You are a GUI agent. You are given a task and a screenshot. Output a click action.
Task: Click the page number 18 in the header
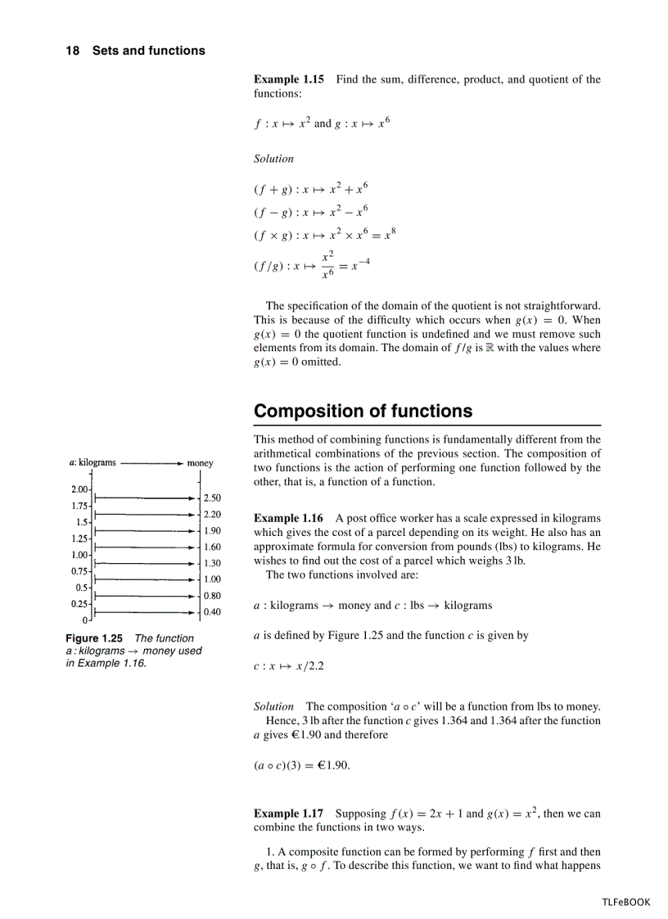pos(72,51)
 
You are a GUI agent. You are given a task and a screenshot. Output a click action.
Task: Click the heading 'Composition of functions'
pos(363,411)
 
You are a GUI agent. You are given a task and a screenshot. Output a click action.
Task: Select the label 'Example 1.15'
pos(288,79)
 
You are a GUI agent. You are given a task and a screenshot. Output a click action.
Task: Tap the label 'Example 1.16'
pos(288,518)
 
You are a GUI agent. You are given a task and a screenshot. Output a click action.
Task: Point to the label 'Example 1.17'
pos(288,813)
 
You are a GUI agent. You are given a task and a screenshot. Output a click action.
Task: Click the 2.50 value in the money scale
pos(212,498)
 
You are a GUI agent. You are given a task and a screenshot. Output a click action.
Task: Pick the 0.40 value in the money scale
pos(212,611)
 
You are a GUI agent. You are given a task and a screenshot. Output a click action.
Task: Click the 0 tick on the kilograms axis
pos(84,620)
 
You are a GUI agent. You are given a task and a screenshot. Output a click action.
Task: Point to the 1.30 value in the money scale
pos(212,563)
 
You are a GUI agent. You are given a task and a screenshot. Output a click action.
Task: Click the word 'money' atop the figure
pos(200,463)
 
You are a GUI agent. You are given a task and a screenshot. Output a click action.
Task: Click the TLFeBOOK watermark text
pos(625,902)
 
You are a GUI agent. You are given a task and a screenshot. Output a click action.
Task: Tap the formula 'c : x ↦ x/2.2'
pos(288,665)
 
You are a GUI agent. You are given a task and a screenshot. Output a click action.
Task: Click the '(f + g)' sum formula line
pos(310,189)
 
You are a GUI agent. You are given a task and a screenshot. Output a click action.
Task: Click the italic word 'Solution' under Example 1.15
pos(273,159)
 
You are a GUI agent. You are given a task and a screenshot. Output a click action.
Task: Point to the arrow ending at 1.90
pos(144,531)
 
